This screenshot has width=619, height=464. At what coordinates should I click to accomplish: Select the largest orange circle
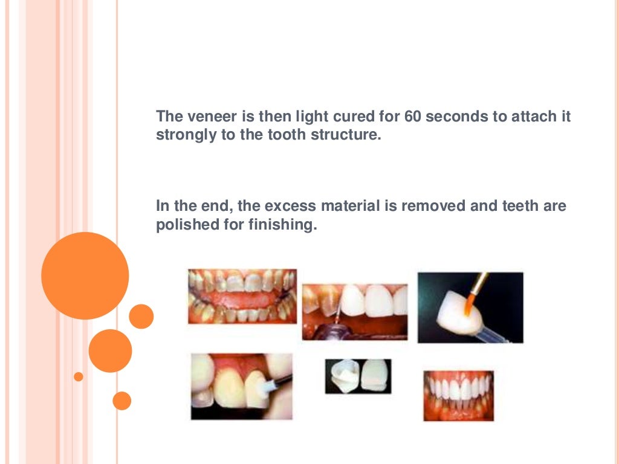click(x=85, y=275)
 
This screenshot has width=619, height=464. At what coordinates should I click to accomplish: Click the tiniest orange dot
click(x=78, y=376)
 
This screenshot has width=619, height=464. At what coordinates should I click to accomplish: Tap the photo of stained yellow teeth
click(x=242, y=296)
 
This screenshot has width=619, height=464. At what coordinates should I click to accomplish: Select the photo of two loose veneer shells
click(x=358, y=376)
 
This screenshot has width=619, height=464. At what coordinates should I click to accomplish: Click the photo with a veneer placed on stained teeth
click(x=355, y=311)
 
